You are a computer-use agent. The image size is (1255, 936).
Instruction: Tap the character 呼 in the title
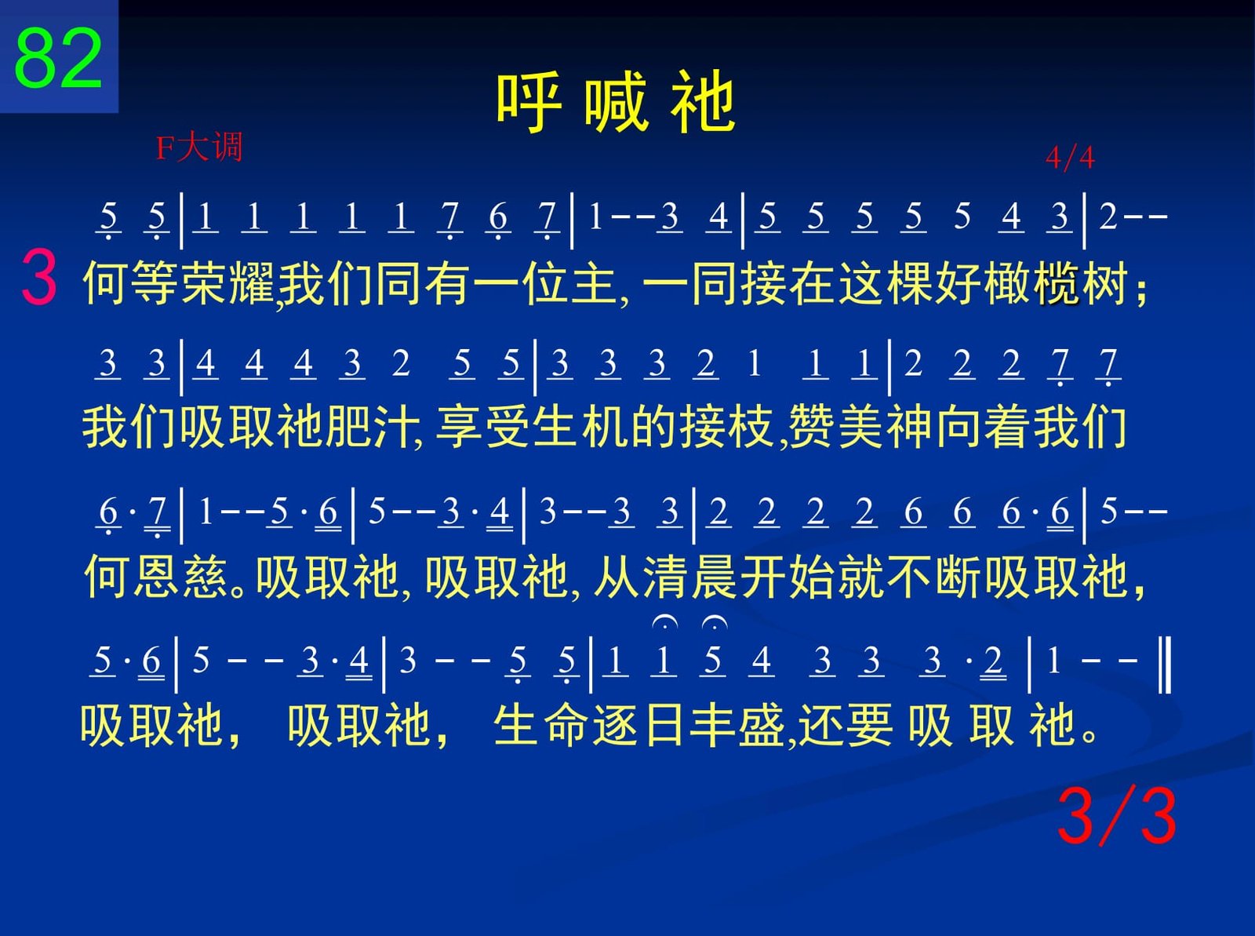pyautogui.click(x=527, y=103)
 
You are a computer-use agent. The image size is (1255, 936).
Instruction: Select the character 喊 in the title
pyautogui.click(x=616, y=103)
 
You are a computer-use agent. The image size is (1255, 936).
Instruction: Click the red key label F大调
pyautogui.click(x=199, y=147)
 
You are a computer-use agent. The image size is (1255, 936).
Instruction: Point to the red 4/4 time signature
pyautogui.click(x=1070, y=157)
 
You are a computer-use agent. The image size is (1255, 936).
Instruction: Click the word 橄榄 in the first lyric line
pyautogui.click(x=1032, y=283)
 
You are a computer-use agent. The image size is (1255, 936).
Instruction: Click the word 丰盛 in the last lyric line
pyautogui.click(x=737, y=725)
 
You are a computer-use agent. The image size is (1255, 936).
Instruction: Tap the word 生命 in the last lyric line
pyautogui.click(x=541, y=725)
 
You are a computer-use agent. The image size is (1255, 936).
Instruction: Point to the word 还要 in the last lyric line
pyautogui.click(x=846, y=725)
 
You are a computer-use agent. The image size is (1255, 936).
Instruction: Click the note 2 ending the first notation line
pyautogui.click(x=1108, y=217)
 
